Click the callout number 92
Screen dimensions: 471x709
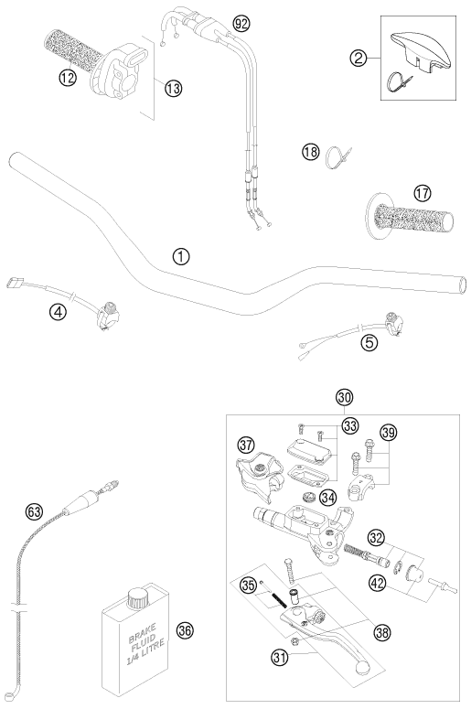(241, 23)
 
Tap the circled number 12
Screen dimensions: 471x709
(68, 78)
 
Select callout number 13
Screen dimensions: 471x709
(173, 88)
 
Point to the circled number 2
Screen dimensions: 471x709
(359, 58)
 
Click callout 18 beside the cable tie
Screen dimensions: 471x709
(311, 152)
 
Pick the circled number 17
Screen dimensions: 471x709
(423, 194)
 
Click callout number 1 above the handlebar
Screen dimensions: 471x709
(181, 256)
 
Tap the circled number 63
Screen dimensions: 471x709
(35, 512)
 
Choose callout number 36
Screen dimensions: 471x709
(185, 630)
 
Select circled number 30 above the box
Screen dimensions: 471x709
(345, 397)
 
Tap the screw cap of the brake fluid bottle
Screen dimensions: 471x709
(137, 598)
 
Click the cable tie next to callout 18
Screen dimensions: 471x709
(337, 157)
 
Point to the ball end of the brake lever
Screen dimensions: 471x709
(362, 668)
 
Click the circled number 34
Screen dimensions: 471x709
(328, 498)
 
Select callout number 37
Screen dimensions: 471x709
(247, 446)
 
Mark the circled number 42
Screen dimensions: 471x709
(378, 583)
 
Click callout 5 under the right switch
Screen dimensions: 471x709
(369, 343)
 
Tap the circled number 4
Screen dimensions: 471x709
(59, 311)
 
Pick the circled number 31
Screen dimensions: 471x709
(280, 657)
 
